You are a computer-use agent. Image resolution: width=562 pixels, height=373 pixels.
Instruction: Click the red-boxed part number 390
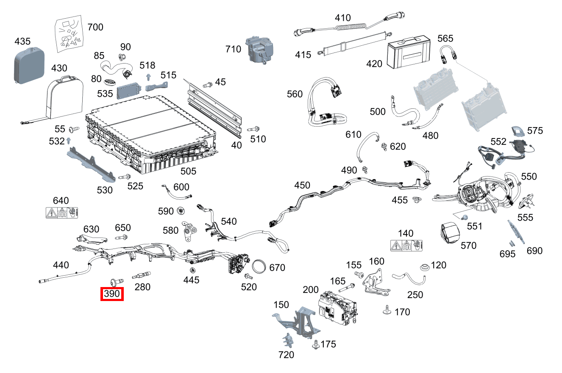tap(111, 294)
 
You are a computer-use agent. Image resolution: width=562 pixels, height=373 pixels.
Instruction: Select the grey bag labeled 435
tap(29, 66)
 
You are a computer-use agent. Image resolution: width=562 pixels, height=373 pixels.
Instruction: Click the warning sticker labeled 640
tap(62, 213)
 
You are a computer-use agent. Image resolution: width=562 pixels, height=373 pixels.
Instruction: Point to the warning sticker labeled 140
tap(408, 246)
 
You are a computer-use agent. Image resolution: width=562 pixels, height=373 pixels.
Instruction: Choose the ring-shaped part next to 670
tap(260, 268)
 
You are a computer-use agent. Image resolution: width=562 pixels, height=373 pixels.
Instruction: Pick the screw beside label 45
tap(207, 85)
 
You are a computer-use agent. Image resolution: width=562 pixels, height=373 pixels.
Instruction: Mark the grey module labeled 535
tap(129, 90)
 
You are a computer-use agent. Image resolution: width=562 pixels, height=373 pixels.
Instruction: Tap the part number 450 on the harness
tap(302, 185)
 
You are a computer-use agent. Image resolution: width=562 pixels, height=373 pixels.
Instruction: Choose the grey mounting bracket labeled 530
tap(91, 163)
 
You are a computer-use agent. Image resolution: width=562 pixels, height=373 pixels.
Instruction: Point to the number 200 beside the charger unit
tap(311, 290)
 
